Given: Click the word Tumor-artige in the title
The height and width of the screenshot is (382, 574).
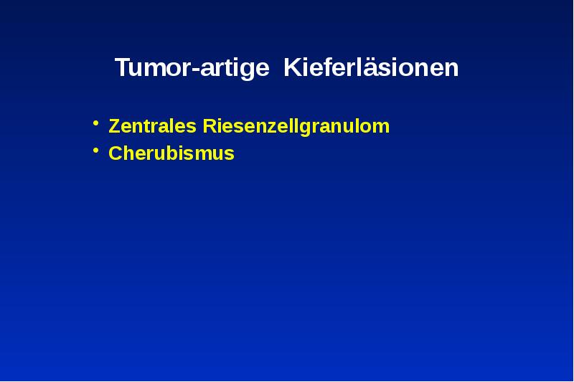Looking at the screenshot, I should pyautogui.click(x=192, y=69).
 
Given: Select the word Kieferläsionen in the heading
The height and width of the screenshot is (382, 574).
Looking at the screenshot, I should pyautogui.click(x=371, y=69).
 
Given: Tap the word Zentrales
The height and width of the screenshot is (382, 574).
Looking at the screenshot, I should pyautogui.click(x=153, y=127).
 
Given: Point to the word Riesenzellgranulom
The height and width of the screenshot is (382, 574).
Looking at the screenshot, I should pyautogui.click(x=296, y=127).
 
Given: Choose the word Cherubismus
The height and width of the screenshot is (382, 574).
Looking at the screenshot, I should pyautogui.click(x=171, y=153).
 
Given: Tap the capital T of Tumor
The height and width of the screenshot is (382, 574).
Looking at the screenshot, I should pyautogui.click(x=123, y=69).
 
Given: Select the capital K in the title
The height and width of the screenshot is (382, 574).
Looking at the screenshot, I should pyautogui.click(x=292, y=69).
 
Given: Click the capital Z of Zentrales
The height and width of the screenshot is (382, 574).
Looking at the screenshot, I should pyautogui.click(x=114, y=127).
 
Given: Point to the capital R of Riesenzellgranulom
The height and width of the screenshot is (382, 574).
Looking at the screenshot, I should pyautogui.click(x=210, y=127).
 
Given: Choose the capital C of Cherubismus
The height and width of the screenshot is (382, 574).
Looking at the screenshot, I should pyautogui.click(x=115, y=153).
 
